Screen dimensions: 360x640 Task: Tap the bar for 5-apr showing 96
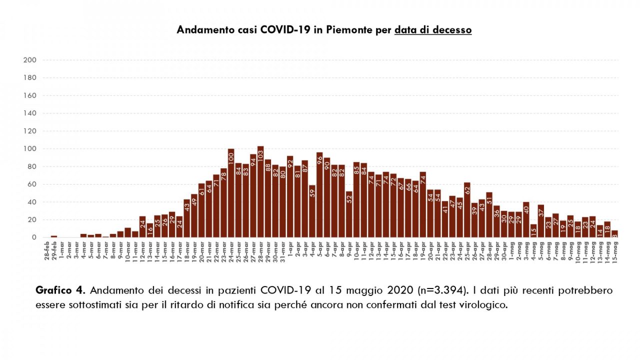click(x=319, y=195)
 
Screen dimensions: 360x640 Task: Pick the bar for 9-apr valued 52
click(x=349, y=214)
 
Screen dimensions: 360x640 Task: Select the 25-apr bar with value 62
click(x=467, y=210)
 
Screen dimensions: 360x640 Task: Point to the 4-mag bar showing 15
click(x=533, y=231)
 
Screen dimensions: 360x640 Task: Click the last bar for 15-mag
click(x=614, y=234)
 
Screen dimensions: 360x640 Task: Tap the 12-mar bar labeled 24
click(x=142, y=227)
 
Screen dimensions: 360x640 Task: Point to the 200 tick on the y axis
click(x=30, y=60)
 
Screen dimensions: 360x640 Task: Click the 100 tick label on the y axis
click(x=30, y=149)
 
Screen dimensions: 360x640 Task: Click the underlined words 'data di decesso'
click(x=432, y=30)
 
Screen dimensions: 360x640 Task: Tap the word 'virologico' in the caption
click(x=486, y=304)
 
